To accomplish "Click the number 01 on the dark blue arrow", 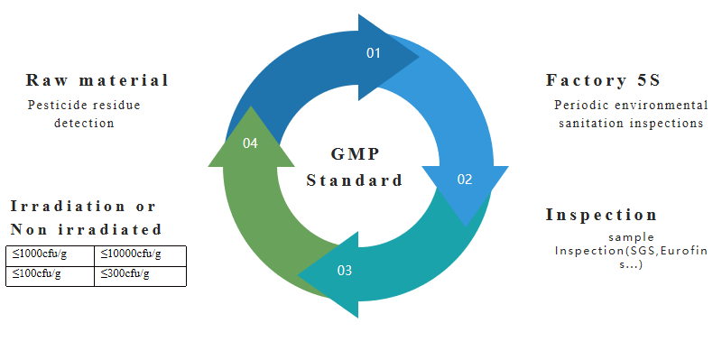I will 374,53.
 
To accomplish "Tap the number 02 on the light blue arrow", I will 464,180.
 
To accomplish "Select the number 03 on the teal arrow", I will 345,270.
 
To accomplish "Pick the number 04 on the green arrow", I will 251,143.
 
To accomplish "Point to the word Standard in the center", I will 354,180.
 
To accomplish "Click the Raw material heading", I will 97,80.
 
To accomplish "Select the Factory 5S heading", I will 597,80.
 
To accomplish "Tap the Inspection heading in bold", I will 601,215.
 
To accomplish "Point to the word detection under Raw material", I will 84,123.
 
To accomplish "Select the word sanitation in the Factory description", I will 585,123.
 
